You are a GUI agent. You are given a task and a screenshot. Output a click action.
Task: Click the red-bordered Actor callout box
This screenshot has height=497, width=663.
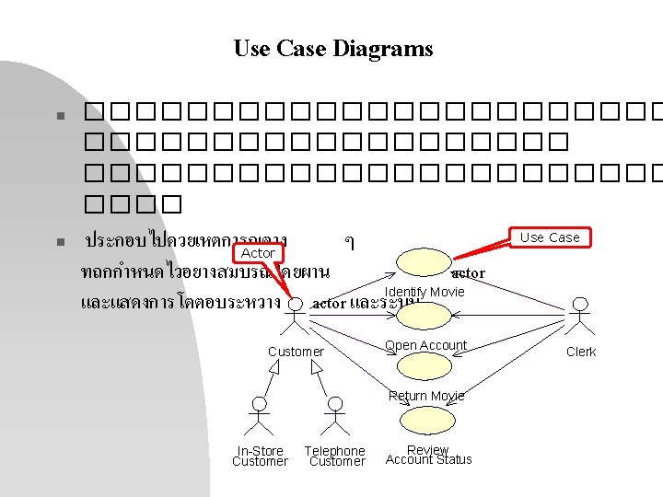[258, 252]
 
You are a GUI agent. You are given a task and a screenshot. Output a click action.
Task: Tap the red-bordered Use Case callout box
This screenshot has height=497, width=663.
[550, 237]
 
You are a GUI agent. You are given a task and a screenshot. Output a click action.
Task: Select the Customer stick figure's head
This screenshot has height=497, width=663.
[295, 304]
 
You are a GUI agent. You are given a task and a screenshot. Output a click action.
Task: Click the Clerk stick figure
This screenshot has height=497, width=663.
[580, 318]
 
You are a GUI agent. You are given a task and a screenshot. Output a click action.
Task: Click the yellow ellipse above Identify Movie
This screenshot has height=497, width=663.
[425, 262]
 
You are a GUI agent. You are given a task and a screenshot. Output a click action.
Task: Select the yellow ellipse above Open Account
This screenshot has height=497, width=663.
[425, 315]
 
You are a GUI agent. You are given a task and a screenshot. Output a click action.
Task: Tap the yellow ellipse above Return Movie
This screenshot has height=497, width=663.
[425, 366]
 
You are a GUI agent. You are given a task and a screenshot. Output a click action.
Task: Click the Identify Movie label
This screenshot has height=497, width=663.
[425, 292]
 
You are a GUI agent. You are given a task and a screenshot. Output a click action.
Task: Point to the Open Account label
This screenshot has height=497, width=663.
[425, 345]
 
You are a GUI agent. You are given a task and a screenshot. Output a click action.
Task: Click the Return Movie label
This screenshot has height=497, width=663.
[426, 396]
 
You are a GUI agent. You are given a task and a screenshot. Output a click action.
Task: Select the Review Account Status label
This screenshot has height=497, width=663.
[428, 455]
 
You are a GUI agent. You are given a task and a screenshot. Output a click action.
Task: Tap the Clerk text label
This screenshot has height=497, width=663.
[581, 352]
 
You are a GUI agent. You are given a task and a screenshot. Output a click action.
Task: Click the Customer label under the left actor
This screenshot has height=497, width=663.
[296, 352]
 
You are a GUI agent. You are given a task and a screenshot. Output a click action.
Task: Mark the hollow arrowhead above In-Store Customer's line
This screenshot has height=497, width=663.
[273, 367]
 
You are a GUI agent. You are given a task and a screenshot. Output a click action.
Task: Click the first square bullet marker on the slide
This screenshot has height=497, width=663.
[57, 117]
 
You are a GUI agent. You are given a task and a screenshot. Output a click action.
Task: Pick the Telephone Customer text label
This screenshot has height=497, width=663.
[335, 456]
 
